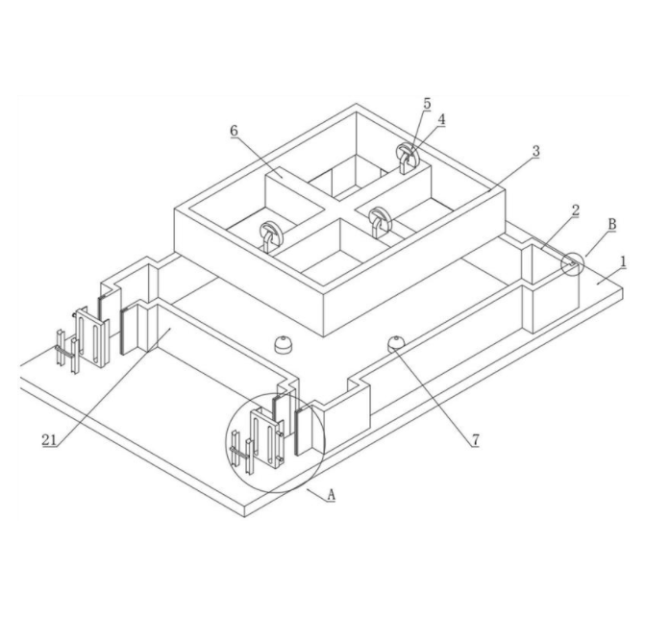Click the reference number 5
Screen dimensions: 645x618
427,104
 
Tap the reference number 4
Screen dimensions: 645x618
441,119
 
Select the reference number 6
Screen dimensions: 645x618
234,131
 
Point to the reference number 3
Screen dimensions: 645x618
535,151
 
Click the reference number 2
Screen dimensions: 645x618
575,210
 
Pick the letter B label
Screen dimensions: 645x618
612,225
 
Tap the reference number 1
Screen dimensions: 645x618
624,261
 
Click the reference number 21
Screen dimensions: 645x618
49,440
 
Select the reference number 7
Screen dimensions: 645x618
476,440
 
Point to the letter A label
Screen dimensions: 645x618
331,495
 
